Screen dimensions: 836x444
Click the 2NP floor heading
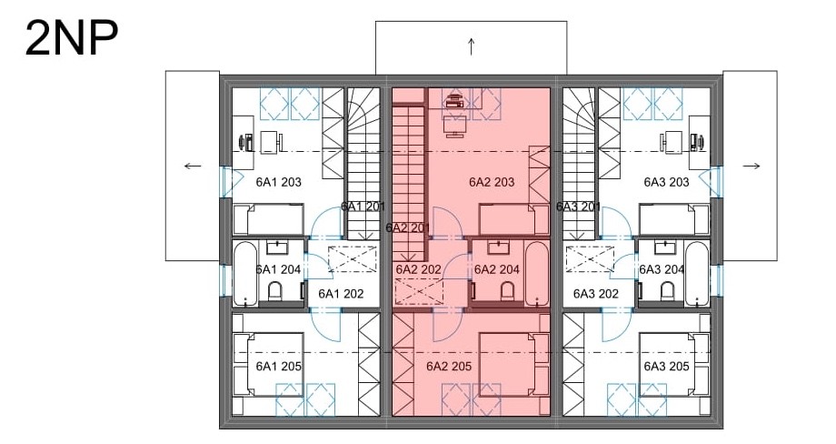72,38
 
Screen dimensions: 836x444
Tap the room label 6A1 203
278,182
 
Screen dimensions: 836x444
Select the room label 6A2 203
492,182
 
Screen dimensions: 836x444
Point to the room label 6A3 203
666,182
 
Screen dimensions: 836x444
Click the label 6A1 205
278,366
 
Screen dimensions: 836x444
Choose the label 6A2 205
449,366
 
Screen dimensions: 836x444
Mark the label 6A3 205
666,366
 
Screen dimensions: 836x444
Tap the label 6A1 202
341,294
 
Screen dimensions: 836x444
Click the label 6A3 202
595,294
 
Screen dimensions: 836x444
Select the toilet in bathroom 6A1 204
274,291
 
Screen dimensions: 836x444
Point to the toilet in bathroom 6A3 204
667,291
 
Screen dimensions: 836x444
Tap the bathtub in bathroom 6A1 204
245,274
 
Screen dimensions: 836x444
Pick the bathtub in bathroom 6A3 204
696,274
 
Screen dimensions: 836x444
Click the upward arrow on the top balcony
472,46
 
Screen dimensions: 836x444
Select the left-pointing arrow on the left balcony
193,166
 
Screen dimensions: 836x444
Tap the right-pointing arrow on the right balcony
751,166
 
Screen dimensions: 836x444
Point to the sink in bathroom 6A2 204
497,247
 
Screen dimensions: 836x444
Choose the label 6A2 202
419,269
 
